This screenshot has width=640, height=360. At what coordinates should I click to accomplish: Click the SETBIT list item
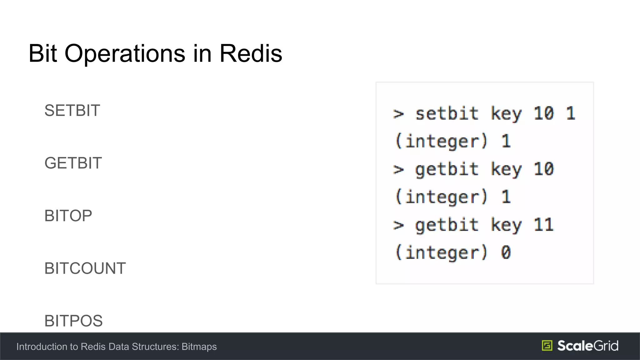72,111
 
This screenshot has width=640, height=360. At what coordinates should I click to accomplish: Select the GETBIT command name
73,163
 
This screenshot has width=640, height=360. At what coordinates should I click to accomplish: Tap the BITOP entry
68,216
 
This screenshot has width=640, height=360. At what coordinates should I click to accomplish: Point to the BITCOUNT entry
85,268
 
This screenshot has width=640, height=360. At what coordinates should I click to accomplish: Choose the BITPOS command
73,321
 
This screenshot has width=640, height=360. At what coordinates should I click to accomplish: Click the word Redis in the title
251,53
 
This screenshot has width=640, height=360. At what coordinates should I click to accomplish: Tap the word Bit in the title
42,53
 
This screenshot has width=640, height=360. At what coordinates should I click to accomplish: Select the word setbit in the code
447,113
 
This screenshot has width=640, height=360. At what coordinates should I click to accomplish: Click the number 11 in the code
544,225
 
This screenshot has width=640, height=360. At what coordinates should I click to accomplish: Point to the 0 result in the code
506,252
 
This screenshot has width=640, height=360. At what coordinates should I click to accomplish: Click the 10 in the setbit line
544,113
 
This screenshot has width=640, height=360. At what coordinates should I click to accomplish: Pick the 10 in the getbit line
544,169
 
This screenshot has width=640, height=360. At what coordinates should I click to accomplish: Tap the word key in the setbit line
506,114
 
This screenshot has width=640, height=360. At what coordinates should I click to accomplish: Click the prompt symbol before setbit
398,114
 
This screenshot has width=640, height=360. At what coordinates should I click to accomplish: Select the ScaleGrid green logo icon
547,346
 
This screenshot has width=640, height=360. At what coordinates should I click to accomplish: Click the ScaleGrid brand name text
587,346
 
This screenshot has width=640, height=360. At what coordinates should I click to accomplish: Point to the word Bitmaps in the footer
199,347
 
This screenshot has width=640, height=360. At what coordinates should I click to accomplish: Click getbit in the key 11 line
447,225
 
